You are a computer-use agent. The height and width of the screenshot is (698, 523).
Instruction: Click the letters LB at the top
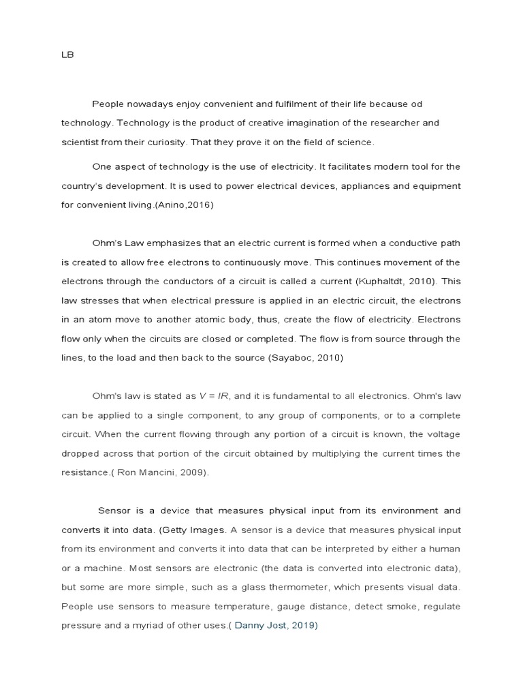67,56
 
